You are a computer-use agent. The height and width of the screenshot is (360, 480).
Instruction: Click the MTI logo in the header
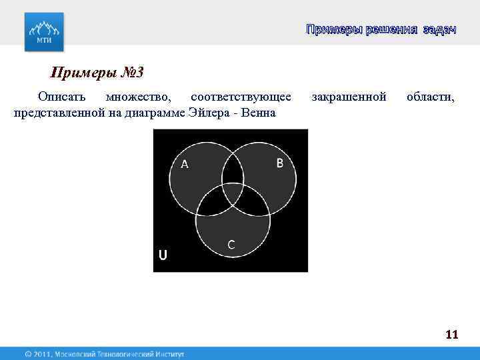[x=45, y=31]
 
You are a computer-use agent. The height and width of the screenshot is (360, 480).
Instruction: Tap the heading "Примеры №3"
[x=98, y=72]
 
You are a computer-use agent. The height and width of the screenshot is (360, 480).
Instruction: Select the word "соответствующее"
[x=240, y=97]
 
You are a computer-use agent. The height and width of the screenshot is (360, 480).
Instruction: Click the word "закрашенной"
[x=349, y=97]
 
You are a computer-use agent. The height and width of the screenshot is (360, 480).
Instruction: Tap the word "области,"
[x=431, y=97]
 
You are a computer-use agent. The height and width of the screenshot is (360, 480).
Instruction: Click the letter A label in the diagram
[x=185, y=164]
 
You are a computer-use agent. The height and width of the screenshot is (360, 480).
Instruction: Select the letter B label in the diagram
[x=280, y=163]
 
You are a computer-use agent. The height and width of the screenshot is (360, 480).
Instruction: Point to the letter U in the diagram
[x=163, y=255]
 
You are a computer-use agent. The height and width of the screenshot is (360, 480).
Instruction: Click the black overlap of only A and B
[x=232, y=171]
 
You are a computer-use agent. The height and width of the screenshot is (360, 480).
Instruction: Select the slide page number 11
[x=451, y=335]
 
